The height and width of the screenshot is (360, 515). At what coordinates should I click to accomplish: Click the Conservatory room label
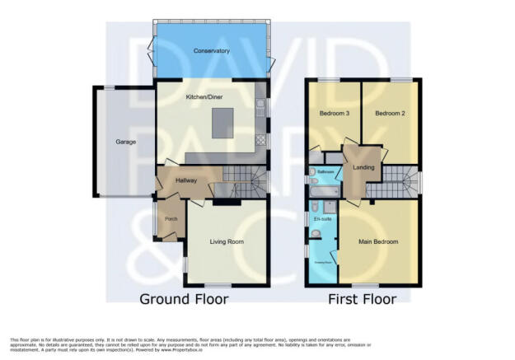coord(211,51)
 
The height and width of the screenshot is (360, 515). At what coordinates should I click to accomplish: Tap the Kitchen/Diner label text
coord(205,96)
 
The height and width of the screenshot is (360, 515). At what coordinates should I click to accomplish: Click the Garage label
coord(125,142)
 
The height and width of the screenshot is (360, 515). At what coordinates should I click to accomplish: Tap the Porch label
coord(171,219)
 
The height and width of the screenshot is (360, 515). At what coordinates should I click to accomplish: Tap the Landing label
coord(364,168)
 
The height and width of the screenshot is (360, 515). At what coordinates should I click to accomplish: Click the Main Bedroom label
coord(379,242)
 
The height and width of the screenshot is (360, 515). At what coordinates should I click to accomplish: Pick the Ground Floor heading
coord(183,299)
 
